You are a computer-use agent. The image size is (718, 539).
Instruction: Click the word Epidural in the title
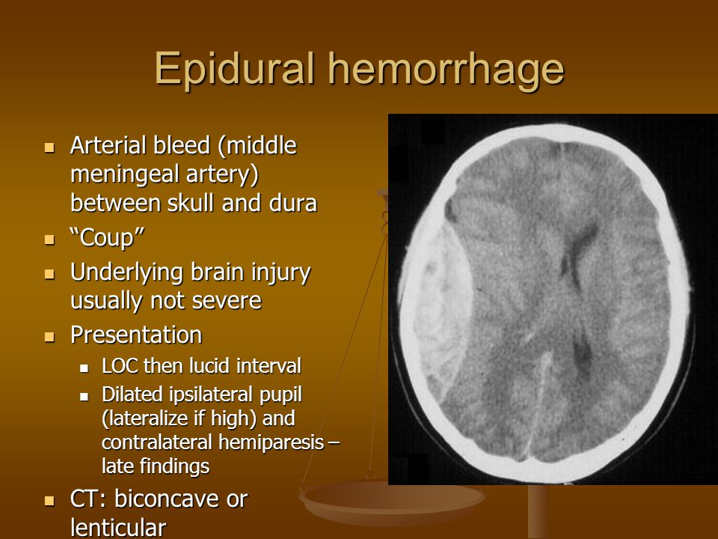pyautogui.click(x=234, y=69)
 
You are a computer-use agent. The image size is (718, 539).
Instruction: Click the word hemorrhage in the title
pyautogui.click(x=447, y=69)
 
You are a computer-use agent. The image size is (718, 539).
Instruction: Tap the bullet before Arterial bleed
pyautogui.click(x=49, y=147)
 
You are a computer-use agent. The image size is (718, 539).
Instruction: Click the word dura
pyautogui.click(x=293, y=204)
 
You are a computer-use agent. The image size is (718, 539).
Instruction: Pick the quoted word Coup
pyautogui.click(x=107, y=238)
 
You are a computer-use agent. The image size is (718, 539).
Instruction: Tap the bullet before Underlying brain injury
pyautogui.click(x=49, y=274)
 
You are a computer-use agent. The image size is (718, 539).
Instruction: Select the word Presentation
pyautogui.click(x=136, y=335)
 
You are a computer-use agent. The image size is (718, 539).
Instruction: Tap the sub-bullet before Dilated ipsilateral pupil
pyautogui.click(x=84, y=396)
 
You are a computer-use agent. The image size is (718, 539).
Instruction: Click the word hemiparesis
pyautogui.click(x=271, y=442)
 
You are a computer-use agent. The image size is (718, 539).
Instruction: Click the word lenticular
pyautogui.click(x=118, y=528)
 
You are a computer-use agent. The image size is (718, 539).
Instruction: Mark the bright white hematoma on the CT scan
pyautogui.click(x=438, y=308)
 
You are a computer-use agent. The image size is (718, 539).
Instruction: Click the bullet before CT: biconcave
pyautogui.click(x=49, y=501)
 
